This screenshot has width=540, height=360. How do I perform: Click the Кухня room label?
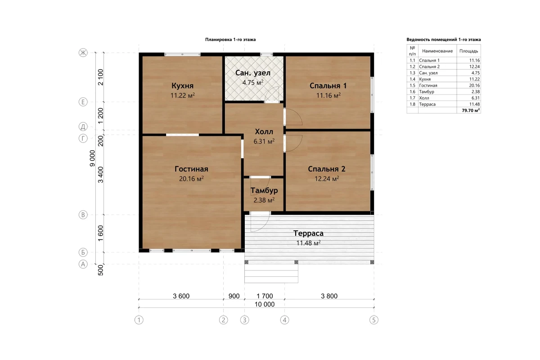[183, 85]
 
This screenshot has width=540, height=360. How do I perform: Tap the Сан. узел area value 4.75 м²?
[253, 83]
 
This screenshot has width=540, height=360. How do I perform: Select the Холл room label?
[264, 132]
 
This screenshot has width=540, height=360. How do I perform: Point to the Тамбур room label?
[264, 190]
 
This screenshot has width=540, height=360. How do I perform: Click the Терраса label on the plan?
[308, 233]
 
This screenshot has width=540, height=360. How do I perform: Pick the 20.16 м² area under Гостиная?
[191, 179]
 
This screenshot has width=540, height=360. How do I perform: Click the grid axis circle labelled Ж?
[83, 53]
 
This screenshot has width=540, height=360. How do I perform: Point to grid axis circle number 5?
[374, 320]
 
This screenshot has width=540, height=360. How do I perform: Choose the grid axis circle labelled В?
[83, 215]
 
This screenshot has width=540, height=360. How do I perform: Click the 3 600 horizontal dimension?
[181, 296]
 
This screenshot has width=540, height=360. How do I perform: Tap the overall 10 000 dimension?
[265, 304]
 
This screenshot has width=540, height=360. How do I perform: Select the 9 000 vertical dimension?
[92, 158]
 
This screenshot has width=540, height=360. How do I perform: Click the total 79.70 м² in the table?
[471, 110]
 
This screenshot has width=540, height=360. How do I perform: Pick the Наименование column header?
[437, 51]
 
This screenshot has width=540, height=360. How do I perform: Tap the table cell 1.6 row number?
[412, 92]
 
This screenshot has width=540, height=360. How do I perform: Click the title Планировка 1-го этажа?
[230, 40]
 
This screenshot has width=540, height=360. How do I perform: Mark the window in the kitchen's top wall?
[183, 54]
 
